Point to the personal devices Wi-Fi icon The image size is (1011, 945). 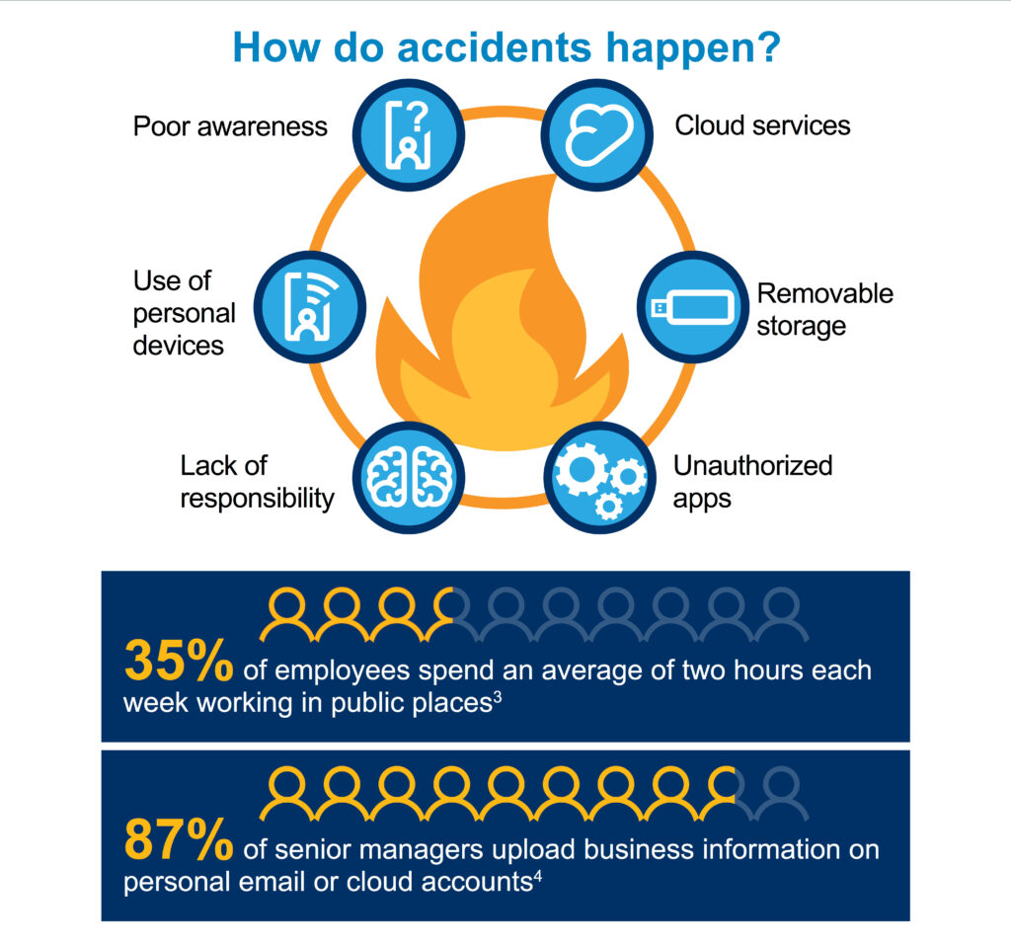[x=311, y=306]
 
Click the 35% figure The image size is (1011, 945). [x=178, y=662]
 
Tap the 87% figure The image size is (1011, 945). [x=178, y=840]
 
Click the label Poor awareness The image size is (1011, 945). [x=230, y=126]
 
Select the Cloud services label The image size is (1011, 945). [x=762, y=125]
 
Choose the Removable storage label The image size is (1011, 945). [x=823, y=309]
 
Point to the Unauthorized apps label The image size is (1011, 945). [x=752, y=481]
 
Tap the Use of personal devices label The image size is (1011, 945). [x=185, y=313]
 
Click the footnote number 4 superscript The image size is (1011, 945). [x=537, y=875]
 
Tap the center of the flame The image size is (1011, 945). [x=504, y=326]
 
